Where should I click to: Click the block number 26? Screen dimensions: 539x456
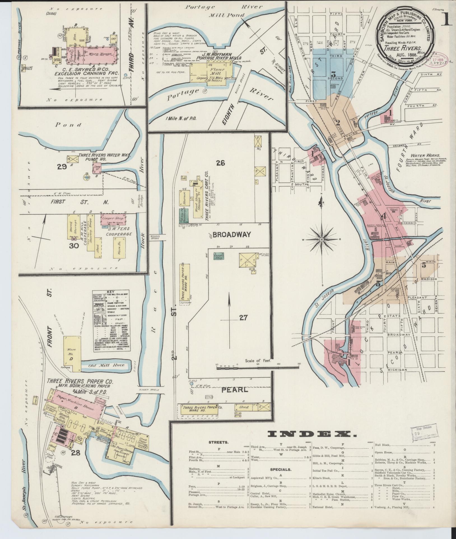click(220, 163)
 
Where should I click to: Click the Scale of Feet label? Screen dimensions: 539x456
click(257, 361)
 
